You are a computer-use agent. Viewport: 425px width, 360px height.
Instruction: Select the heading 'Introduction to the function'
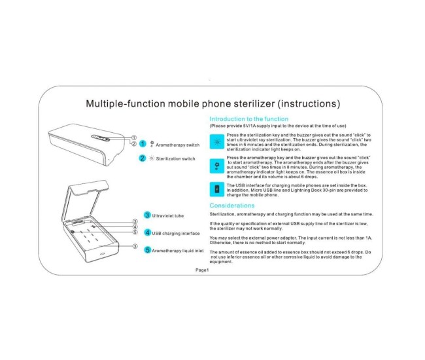[248, 119]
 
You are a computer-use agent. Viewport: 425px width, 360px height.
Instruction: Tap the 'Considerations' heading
[236, 206]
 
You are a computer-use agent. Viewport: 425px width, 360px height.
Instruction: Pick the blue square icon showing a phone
[217, 190]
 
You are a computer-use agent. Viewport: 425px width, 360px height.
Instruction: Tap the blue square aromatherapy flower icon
[217, 165]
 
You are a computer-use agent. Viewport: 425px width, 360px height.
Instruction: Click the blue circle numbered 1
[143, 143]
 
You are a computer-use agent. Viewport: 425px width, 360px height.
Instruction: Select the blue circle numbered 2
[143, 158]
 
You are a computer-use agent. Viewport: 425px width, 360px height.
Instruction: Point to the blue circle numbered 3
[148, 215]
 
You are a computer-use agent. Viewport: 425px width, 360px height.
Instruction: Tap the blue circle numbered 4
[148, 232]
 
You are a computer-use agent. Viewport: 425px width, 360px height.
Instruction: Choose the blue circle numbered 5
[148, 250]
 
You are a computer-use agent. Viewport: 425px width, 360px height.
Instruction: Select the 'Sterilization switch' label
[175, 159]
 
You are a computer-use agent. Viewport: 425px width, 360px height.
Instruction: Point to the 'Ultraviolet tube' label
[168, 215]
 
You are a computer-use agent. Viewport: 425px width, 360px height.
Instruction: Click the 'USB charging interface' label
[176, 233]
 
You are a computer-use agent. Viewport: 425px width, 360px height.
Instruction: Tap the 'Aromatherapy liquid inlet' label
[178, 251]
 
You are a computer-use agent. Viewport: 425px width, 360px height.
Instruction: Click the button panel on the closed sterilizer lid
[99, 138]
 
